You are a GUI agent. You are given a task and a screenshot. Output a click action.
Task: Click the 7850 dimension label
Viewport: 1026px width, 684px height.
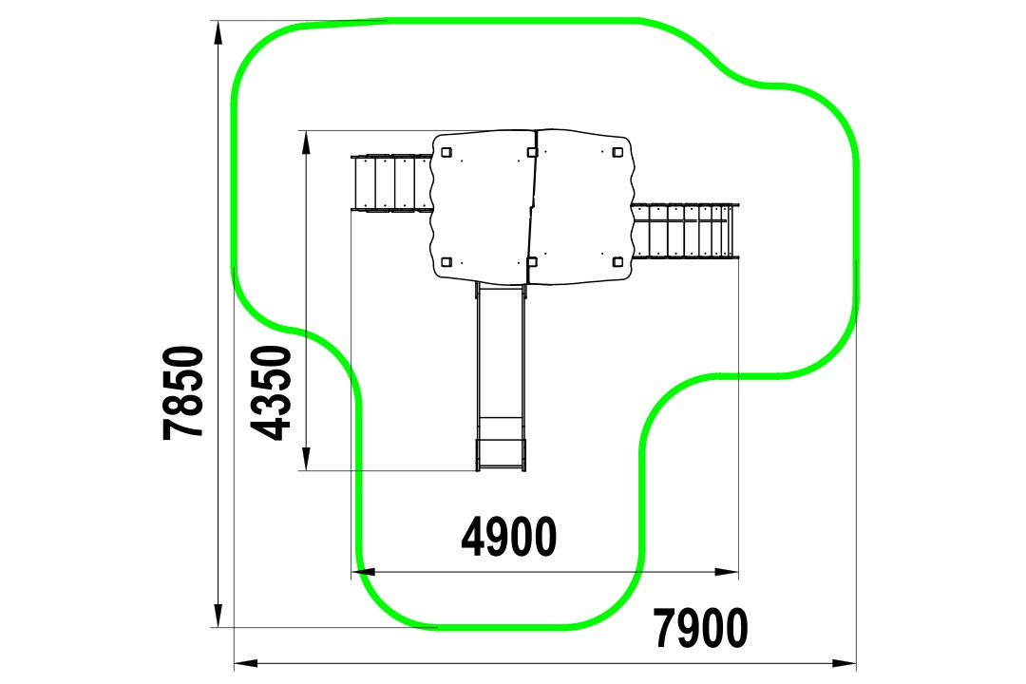click(x=184, y=392)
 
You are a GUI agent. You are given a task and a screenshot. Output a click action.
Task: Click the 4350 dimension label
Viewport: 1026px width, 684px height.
click(x=271, y=392)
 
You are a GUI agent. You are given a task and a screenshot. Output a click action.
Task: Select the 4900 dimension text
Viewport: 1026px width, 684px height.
click(x=509, y=538)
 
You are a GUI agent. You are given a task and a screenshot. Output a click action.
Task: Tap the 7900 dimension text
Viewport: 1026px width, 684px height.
click(x=701, y=628)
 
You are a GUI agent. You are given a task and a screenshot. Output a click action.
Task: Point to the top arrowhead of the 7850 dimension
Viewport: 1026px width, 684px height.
click(x=218, y=32)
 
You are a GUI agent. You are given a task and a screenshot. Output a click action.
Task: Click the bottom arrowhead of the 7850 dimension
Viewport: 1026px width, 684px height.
click(x=218, y=616)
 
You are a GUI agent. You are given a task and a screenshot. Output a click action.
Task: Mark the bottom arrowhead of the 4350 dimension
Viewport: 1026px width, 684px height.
click(x=306, y=459)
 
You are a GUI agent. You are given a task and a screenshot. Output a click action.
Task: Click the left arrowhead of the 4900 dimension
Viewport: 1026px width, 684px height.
click(x=363, y=572)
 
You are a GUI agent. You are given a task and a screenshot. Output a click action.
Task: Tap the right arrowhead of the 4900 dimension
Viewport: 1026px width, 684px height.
click(x=727, y=572)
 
